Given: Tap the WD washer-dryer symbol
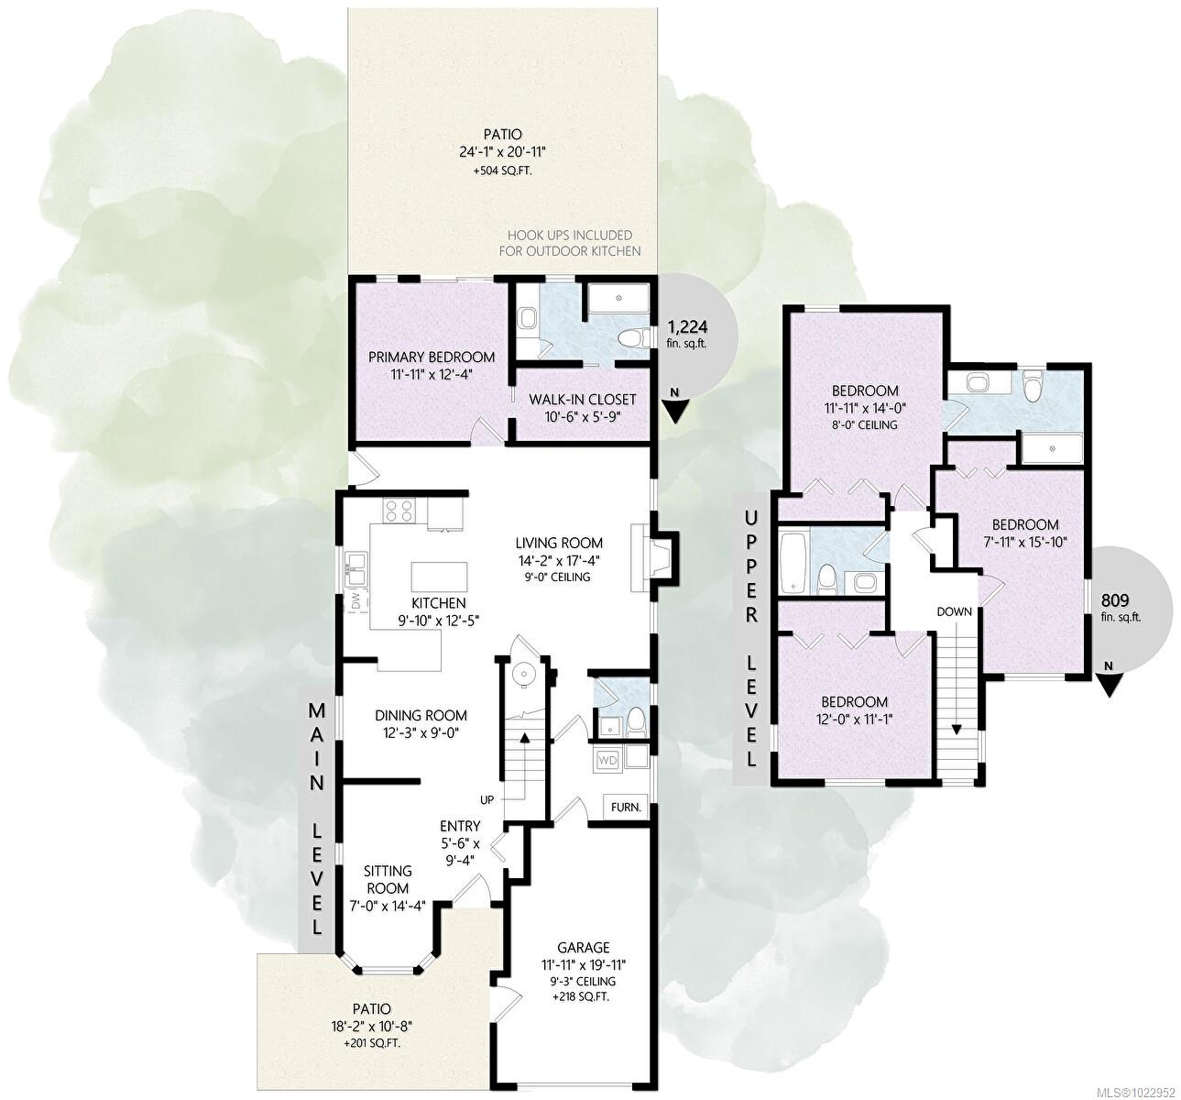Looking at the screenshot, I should [607, 760].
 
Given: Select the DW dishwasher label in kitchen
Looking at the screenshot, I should [355, 602].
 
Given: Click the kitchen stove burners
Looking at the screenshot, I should [400, 511].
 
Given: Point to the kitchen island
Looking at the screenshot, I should [439, 577].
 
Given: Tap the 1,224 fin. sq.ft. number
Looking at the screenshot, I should [687, 326].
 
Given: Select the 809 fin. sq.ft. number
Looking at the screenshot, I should [1114, 600].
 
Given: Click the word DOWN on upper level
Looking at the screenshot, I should [953, 611].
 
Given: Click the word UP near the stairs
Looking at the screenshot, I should [487, 799].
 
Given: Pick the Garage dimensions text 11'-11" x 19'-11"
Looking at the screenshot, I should [584, 964].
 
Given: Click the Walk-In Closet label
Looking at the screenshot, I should [583, 400].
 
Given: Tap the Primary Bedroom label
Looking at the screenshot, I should [432, 357].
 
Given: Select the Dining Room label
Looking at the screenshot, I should [421, 715].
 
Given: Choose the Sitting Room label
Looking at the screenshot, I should [388, 879].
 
